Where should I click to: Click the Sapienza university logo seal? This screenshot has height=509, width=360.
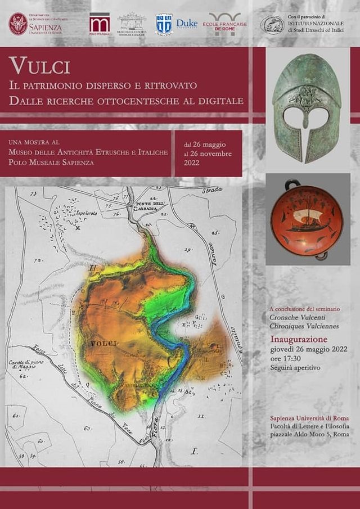[18, 24]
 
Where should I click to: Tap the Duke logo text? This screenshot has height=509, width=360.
[187, 23]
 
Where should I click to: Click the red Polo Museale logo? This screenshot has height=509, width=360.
[100, 24]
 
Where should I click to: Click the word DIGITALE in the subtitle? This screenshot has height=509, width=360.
[220, 101]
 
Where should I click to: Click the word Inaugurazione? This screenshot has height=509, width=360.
[299, 339]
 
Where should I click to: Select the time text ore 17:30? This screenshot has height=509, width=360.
[286, 358]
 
